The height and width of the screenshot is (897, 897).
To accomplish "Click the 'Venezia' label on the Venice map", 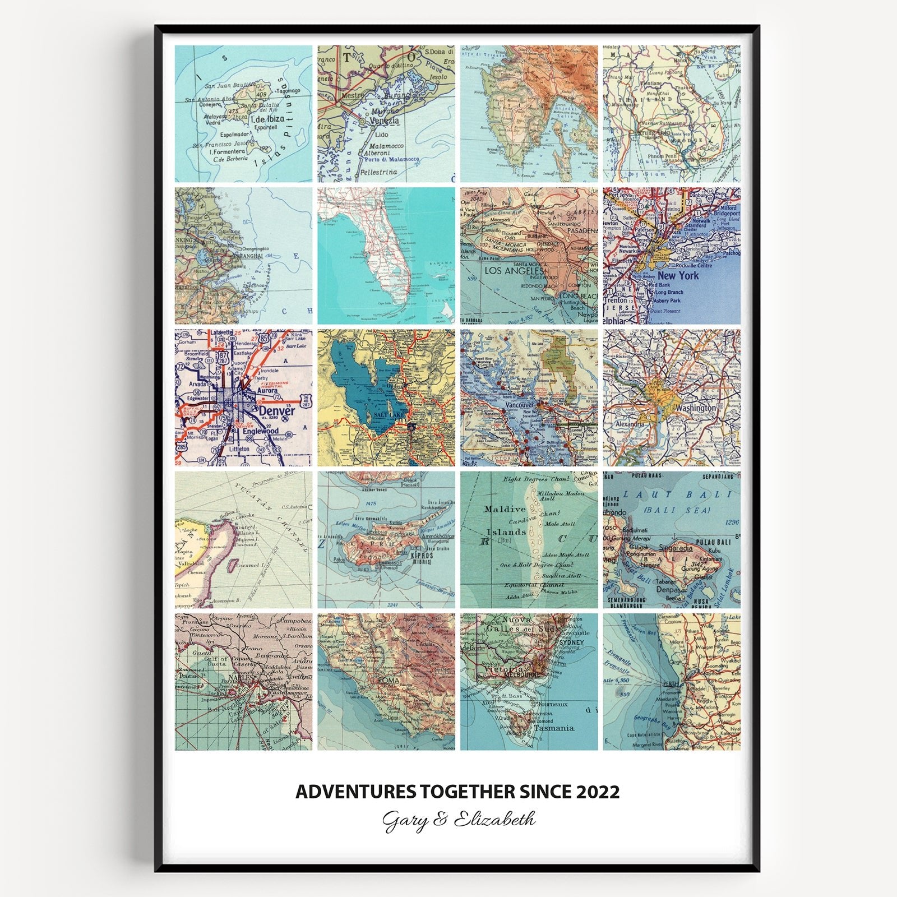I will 383,120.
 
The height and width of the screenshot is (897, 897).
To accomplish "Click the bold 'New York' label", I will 678,275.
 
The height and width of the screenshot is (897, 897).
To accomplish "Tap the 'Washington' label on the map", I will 695,408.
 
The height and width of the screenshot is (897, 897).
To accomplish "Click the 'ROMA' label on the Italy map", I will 388,679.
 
